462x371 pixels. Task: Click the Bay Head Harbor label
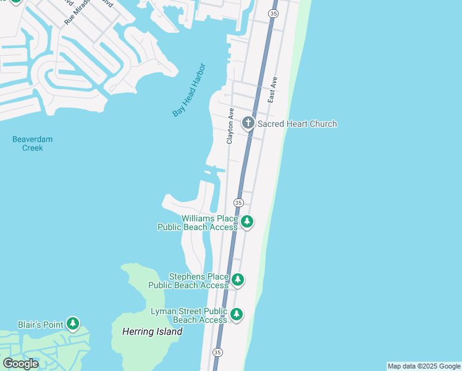coord(189,90)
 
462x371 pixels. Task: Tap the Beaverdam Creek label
coord(32,143)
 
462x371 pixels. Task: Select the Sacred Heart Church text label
coord(297,124)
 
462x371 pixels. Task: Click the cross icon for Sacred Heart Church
coord(248,123)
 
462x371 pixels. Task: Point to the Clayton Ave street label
coord(230,127)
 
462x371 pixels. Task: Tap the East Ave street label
coord(273,90)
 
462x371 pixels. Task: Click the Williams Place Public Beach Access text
coord(198,223)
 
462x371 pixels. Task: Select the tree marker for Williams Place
coord(247,221)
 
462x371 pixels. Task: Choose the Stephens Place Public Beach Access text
coord(188,281)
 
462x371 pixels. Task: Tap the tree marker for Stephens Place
coord(238,280)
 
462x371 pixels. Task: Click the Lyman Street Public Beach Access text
coord(189,315)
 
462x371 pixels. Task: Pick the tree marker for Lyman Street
coord(237,315)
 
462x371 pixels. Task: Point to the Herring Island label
coord(148,331)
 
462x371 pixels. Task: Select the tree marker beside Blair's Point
coord(73,323)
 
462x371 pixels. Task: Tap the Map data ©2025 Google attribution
coord(424,366)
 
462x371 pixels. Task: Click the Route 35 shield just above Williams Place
coord(238,202)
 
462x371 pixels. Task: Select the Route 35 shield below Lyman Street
coord(217,352)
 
